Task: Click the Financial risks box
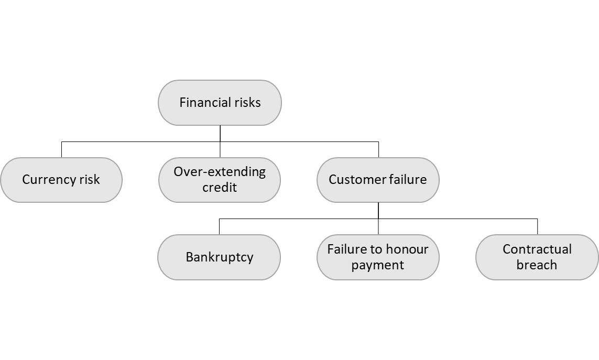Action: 220,103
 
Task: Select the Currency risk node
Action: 61,180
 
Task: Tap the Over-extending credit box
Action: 220,180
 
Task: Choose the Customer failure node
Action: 378,180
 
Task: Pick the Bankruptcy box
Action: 220,257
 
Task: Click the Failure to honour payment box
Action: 378,257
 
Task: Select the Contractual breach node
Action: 537,257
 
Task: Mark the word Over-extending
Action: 220,172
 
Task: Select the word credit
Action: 220,188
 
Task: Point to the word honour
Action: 405,249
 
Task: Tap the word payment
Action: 378,265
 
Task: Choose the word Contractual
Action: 537,249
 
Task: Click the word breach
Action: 537,265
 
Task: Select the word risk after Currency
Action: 89,180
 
